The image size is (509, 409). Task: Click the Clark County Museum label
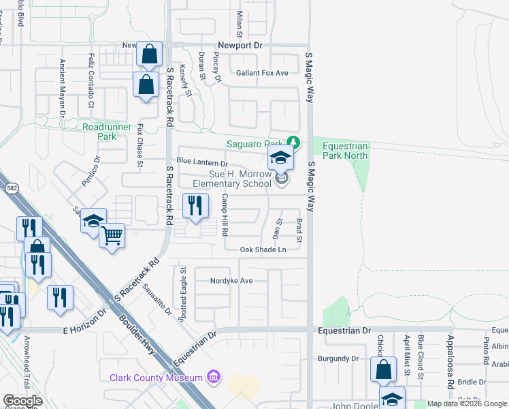click(x=156, y=378)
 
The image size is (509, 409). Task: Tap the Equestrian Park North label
click(x=345, y=151)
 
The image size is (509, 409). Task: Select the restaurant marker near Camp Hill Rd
click(x=195, y=205)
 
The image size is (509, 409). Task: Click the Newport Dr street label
click(x=240, y=46)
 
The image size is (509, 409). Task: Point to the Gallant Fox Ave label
click(x=262, y=73)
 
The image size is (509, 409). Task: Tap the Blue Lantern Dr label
click(x=201, y=163)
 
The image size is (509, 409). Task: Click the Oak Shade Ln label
click(x=263, y=250)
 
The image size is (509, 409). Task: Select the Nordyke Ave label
click(x=231, y=280)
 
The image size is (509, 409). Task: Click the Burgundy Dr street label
click(x=338, y=358)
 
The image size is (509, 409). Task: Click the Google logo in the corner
click(x=23, y=401)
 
